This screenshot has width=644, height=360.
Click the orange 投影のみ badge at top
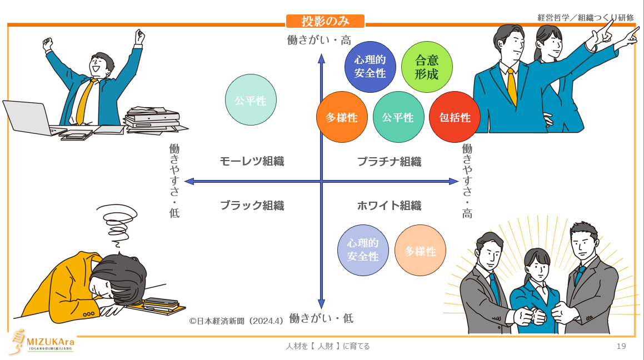[325, 21]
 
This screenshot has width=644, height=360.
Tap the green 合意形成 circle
[427, 67]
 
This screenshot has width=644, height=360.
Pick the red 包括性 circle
[455, 117]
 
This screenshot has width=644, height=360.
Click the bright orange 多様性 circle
[342, 117]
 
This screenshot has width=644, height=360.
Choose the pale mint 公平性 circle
[251, 101]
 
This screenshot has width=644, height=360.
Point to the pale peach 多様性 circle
[420, 251]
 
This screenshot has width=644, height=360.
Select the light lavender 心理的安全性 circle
[363, 251]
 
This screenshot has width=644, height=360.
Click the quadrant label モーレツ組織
[252, 162]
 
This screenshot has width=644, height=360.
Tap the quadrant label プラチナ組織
[389, 162]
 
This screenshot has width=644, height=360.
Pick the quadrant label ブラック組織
[252, 206]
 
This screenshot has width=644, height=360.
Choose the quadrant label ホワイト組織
[389, 206]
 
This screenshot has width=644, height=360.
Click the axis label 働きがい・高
[319, 40]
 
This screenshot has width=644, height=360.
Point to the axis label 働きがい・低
[321, 318]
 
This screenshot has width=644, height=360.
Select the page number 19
[621, 346]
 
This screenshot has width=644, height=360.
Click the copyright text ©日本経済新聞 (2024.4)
[237, 321]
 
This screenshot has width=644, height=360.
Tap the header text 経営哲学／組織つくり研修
[586, 17]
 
